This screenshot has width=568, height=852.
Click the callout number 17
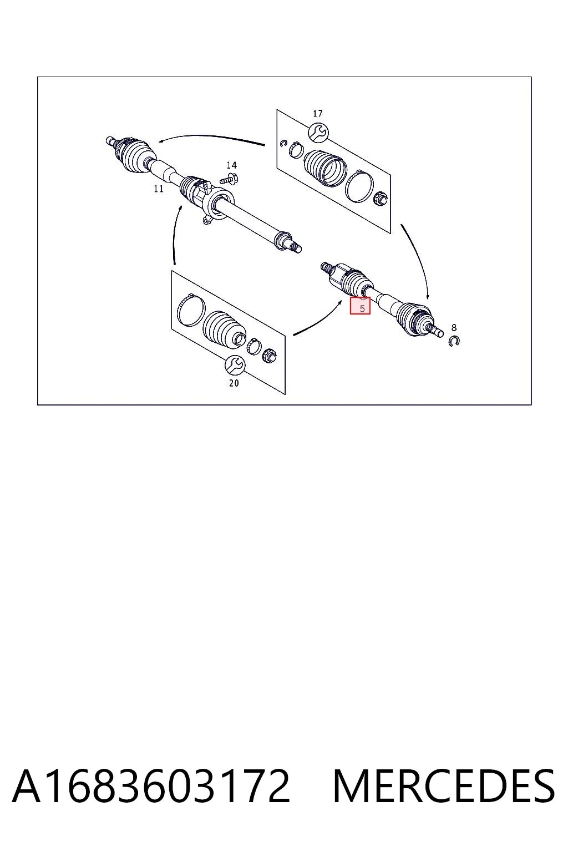pos(317,113)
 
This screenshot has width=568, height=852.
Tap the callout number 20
pos(234,383)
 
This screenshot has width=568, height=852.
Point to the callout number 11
pos(159,189)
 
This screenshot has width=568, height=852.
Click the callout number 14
pos(232,165)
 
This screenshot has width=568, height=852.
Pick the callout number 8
pos(454,327)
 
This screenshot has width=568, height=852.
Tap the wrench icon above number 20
pos(235,365)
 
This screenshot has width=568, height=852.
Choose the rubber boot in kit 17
pos(326,168)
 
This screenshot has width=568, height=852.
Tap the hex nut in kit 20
pos(270,356)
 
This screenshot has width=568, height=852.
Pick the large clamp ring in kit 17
pos(359,186)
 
